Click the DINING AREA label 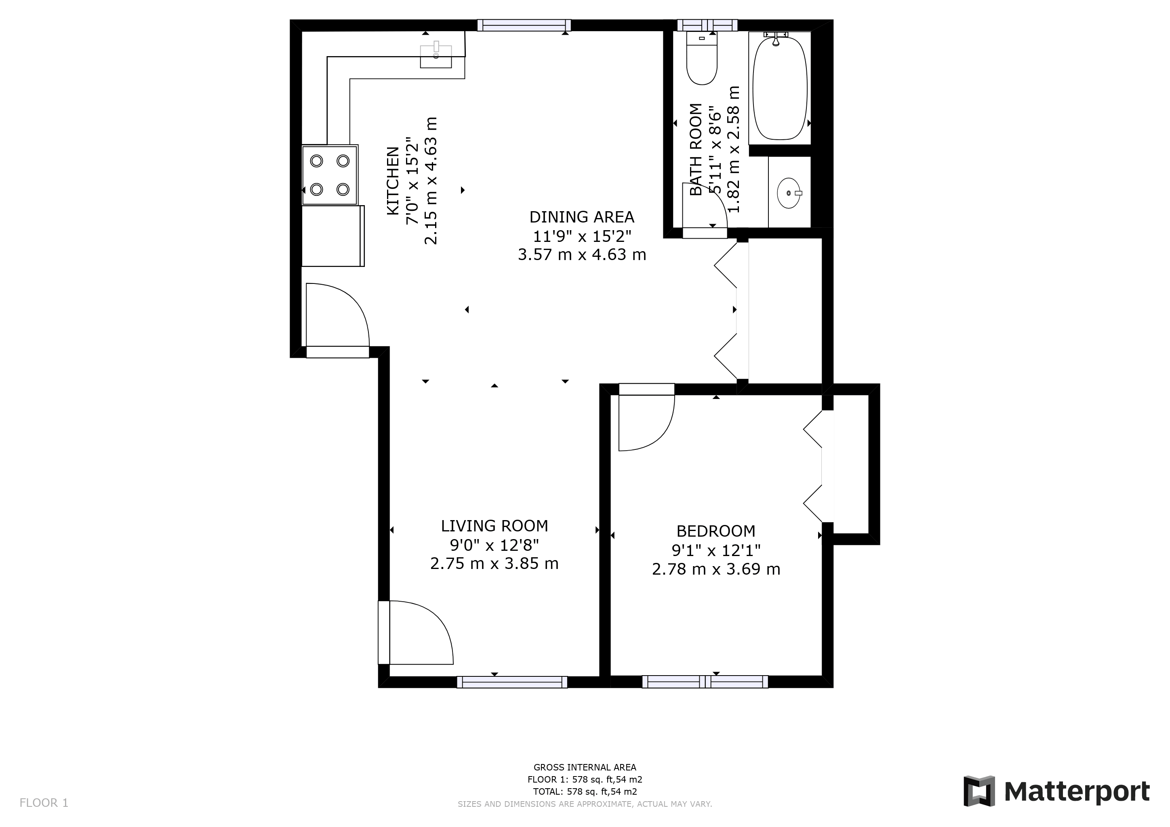pos(581,217)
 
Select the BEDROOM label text pos(715,531)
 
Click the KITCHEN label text pos(392,181)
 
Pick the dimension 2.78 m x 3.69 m pos(715,569)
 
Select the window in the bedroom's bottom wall pos(705,682)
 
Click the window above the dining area pos(524,25)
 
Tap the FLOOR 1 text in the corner pos(44,803)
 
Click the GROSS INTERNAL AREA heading pos(585,767)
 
